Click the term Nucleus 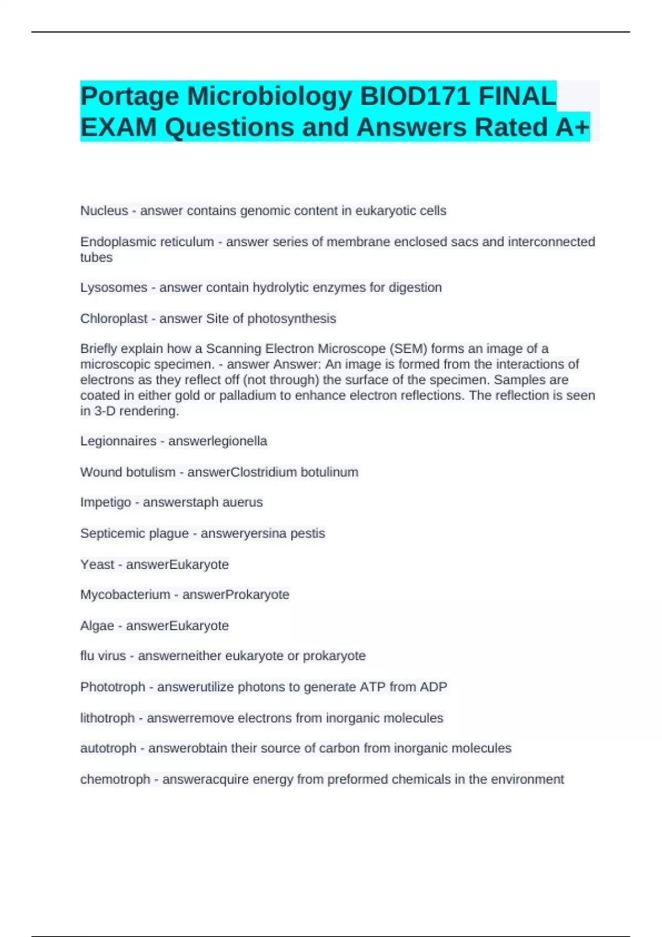click(x=104, y=211)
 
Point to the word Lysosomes click(x=114, y=287)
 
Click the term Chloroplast click(x=114, y=319)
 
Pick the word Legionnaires click(x=118, y=441)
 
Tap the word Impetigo click(x=105, y=502)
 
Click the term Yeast click(x=97, y=564)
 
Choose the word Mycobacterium click(x=125, y=594)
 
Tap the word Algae click(x=97, y=626)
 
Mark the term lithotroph click(x=107, y=718)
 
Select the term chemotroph click(x=115, y=779)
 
